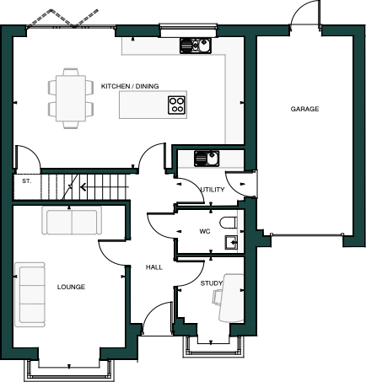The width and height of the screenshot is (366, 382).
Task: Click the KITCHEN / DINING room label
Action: (130, 86)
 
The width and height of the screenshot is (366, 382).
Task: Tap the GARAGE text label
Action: (304, 110)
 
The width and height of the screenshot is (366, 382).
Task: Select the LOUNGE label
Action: (71, 288)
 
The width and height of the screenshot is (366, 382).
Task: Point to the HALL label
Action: (153, 266)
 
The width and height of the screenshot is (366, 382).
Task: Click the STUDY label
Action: (211, 283)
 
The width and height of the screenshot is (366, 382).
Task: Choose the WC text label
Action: (204, 231)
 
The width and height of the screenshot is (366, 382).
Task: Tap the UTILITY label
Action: (213, 190)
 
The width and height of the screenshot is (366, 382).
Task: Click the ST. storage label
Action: (25, 180)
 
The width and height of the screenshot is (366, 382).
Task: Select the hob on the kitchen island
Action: (177, 105)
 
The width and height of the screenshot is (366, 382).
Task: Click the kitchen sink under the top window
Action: (195, 46)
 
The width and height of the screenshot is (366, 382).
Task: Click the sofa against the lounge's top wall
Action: (71, 222)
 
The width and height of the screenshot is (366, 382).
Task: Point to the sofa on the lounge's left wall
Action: (30, 294)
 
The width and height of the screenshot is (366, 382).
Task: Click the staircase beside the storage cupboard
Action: (85, 185)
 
